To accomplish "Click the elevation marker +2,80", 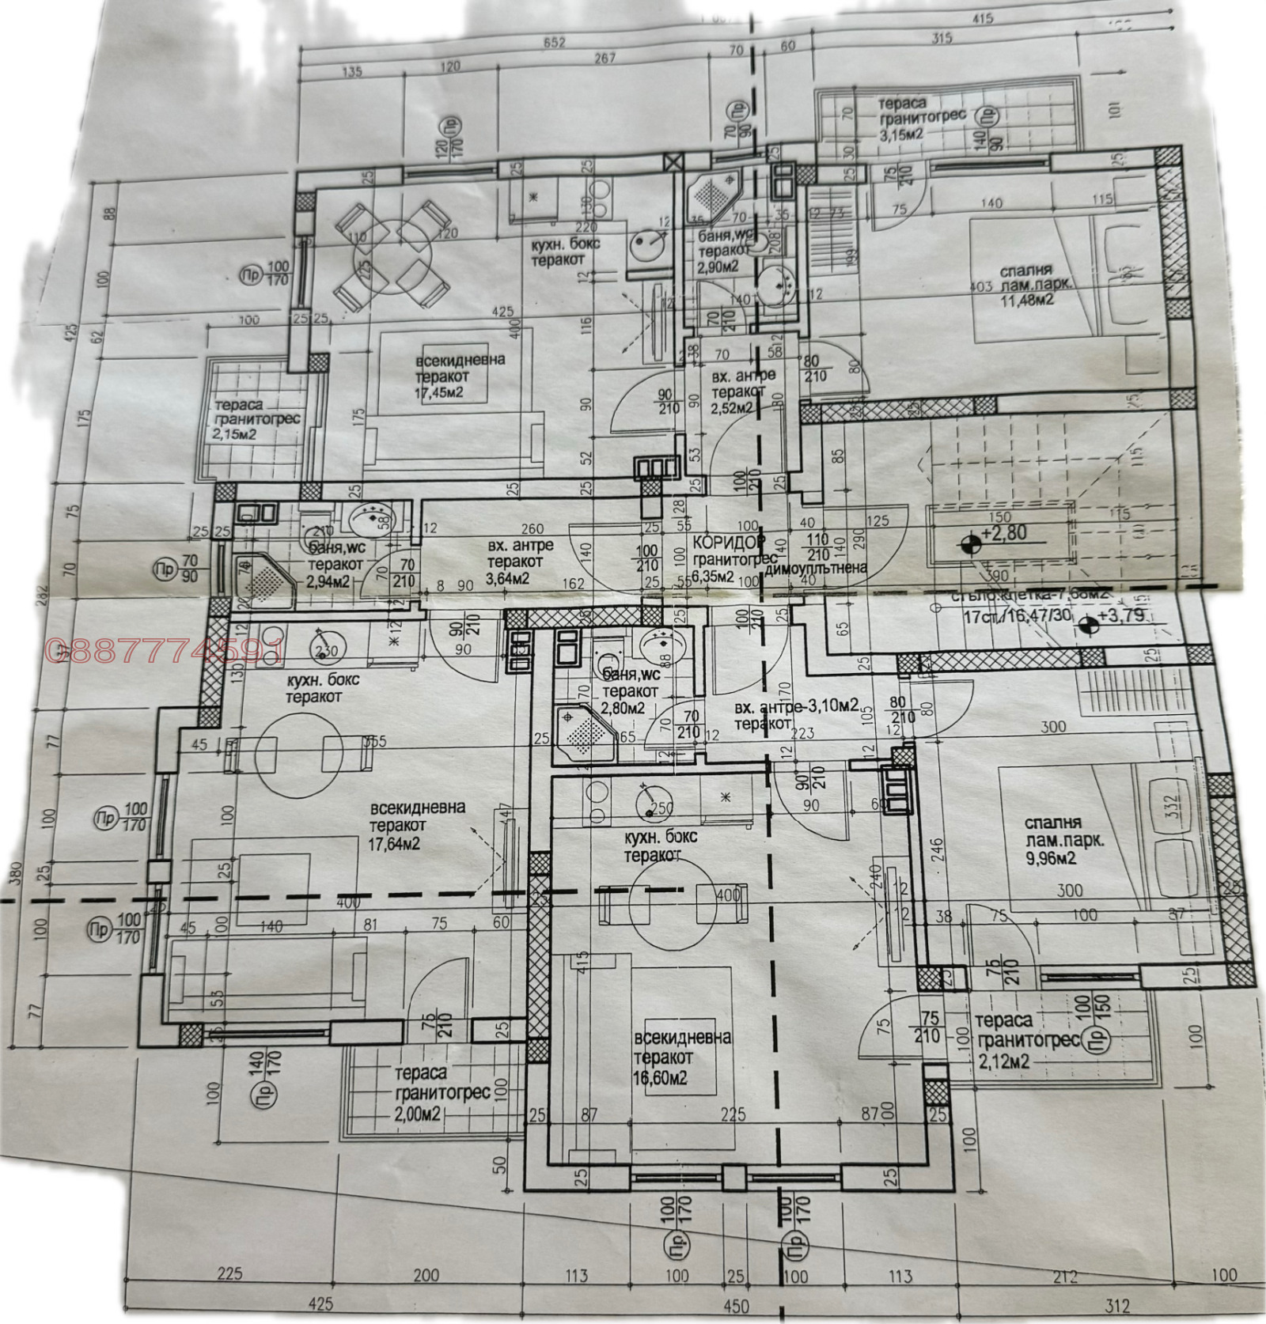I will [x=1004, y=533].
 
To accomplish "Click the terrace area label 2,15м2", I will [x=240, y=433].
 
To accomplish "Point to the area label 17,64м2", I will [x=394, y=844].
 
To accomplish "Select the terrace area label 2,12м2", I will [x=1003, y=1063].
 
